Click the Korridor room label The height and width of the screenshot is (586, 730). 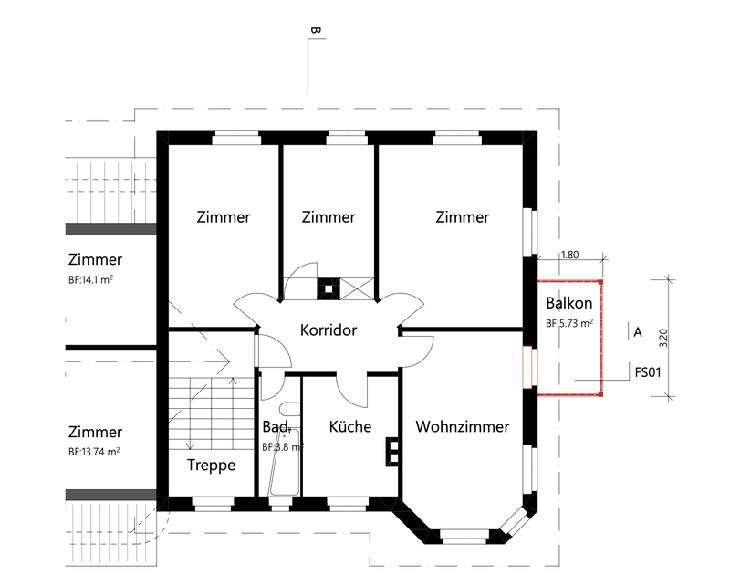click(328, 330)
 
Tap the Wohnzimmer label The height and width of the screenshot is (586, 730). click(462, 426)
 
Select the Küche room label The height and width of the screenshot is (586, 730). click(350, 426)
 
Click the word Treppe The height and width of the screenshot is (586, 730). click(212, 465)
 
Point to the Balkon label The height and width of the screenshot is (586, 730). click(569, 303)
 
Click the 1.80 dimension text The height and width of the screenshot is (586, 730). click(568, 256)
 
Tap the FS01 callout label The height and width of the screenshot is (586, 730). click(647, 372)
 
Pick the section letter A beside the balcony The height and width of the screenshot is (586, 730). click(638, 332)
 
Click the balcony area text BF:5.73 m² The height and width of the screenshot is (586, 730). click(569, 323)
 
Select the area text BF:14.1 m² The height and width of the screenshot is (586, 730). click(94, 281)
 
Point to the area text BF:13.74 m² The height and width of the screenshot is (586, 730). click(94, 452)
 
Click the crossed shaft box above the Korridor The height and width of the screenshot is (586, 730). click(358, 288)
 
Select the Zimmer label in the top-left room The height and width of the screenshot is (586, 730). click(224, 217)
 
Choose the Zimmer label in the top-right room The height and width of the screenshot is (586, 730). click(462, 217)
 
